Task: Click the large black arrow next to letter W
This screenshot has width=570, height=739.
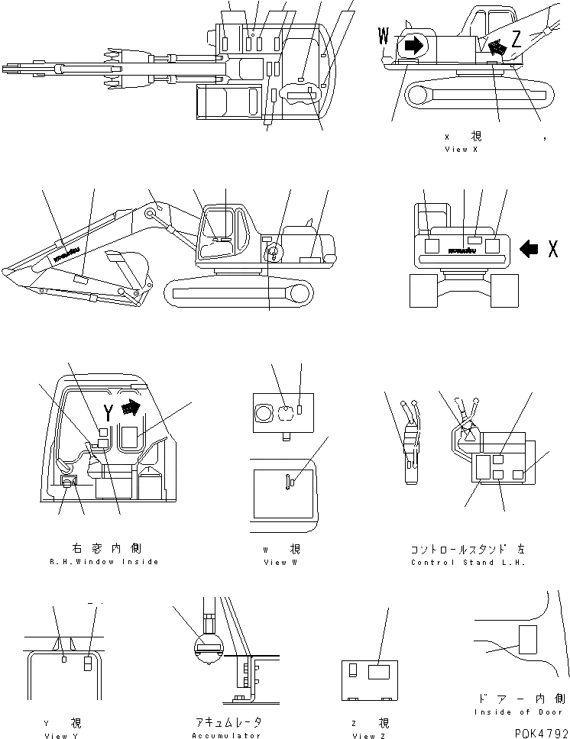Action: coord(413,45)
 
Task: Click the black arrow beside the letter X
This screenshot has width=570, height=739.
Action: coord(533,248)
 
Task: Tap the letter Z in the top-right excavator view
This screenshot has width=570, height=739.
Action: coord(516,37)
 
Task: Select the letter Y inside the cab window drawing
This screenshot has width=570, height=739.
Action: coord(109,413)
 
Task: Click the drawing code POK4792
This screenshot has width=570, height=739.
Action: coord(540,730)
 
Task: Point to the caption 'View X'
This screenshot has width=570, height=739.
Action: coord(461,150)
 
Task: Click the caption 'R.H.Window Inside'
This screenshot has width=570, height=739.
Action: coord(104,561)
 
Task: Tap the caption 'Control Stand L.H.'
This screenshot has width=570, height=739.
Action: coord(468,562)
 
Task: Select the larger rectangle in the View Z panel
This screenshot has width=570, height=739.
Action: coord(379,672)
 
